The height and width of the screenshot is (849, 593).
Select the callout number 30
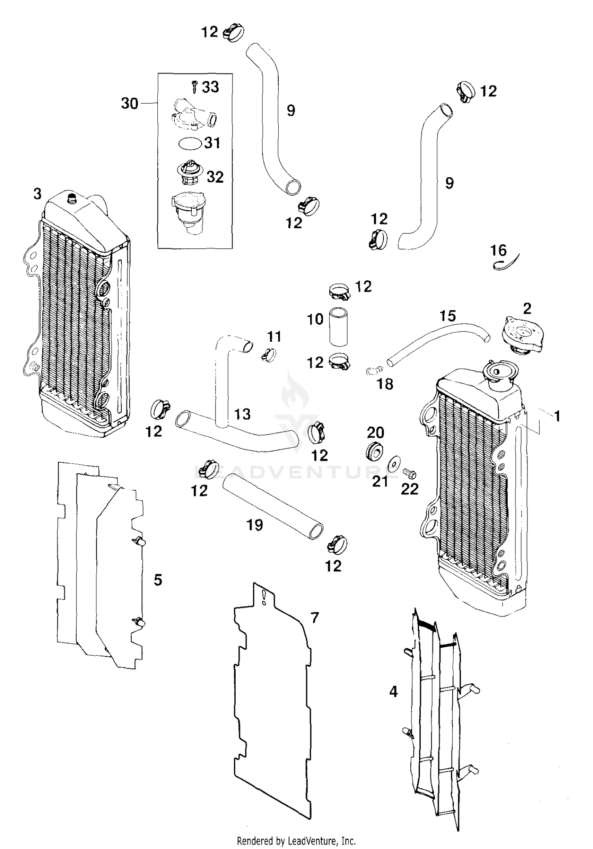pyautogui.click(x=130, y=104)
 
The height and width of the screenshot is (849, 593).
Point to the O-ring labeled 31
pyautogui.click(x=190, y=143)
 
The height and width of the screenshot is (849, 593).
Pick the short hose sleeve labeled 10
pyautogui.click(x=338, y=327)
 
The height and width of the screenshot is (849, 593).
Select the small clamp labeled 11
pyautogui.click(x=268, y=354)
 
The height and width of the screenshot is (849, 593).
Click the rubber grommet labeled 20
pyautogui.click(x=374, y=451)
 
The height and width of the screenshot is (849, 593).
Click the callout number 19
pyautogui.click(x=255, y=525)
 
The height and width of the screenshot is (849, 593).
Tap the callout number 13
pyautogui.click(x=242, y=414)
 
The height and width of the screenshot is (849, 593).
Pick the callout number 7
pyautogui.click(x=314, y=617)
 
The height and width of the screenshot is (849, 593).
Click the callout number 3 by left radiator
pyautogui.click(x=37, y=194)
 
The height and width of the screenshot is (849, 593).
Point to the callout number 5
pyautogui.click(x=158, y=580)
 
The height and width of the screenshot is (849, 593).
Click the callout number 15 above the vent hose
pyautogui.click(x=448, y=316)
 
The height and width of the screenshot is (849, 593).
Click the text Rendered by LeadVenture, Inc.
pyautogui.click(x=296, y=841)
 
